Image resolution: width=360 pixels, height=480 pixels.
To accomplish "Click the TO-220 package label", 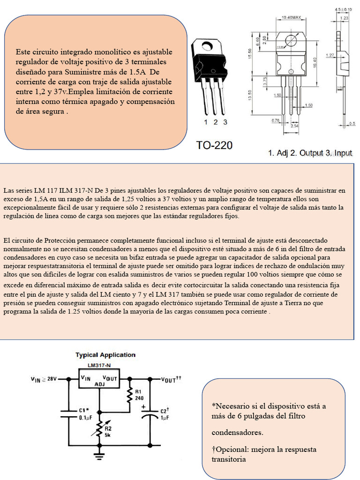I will [214, 146].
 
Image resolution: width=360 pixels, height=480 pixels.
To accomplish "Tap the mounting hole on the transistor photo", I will [206, 45].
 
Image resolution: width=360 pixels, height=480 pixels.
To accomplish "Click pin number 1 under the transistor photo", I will [206, 122].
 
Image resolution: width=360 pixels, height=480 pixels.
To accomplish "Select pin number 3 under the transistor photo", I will [225, 122].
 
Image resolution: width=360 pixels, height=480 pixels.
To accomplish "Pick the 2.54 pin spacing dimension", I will [295, 126].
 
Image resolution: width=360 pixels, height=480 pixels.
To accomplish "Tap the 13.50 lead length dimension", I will [250, 95].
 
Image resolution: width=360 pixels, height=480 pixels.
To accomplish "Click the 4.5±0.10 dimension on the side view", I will [343, 9].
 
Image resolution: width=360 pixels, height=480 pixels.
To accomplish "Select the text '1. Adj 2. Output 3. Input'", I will [310, 153].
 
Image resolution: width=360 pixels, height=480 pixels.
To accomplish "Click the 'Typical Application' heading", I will [105, 355].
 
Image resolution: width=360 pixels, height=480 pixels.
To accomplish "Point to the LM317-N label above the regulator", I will [99, 365].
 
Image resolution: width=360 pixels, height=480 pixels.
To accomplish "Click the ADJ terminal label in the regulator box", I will [100, 384].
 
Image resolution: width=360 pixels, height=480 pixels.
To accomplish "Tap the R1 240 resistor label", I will [139, 394].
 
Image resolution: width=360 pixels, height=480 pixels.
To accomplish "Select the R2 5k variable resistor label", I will [108, 431].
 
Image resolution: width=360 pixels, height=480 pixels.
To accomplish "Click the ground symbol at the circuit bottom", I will [99, 454].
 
